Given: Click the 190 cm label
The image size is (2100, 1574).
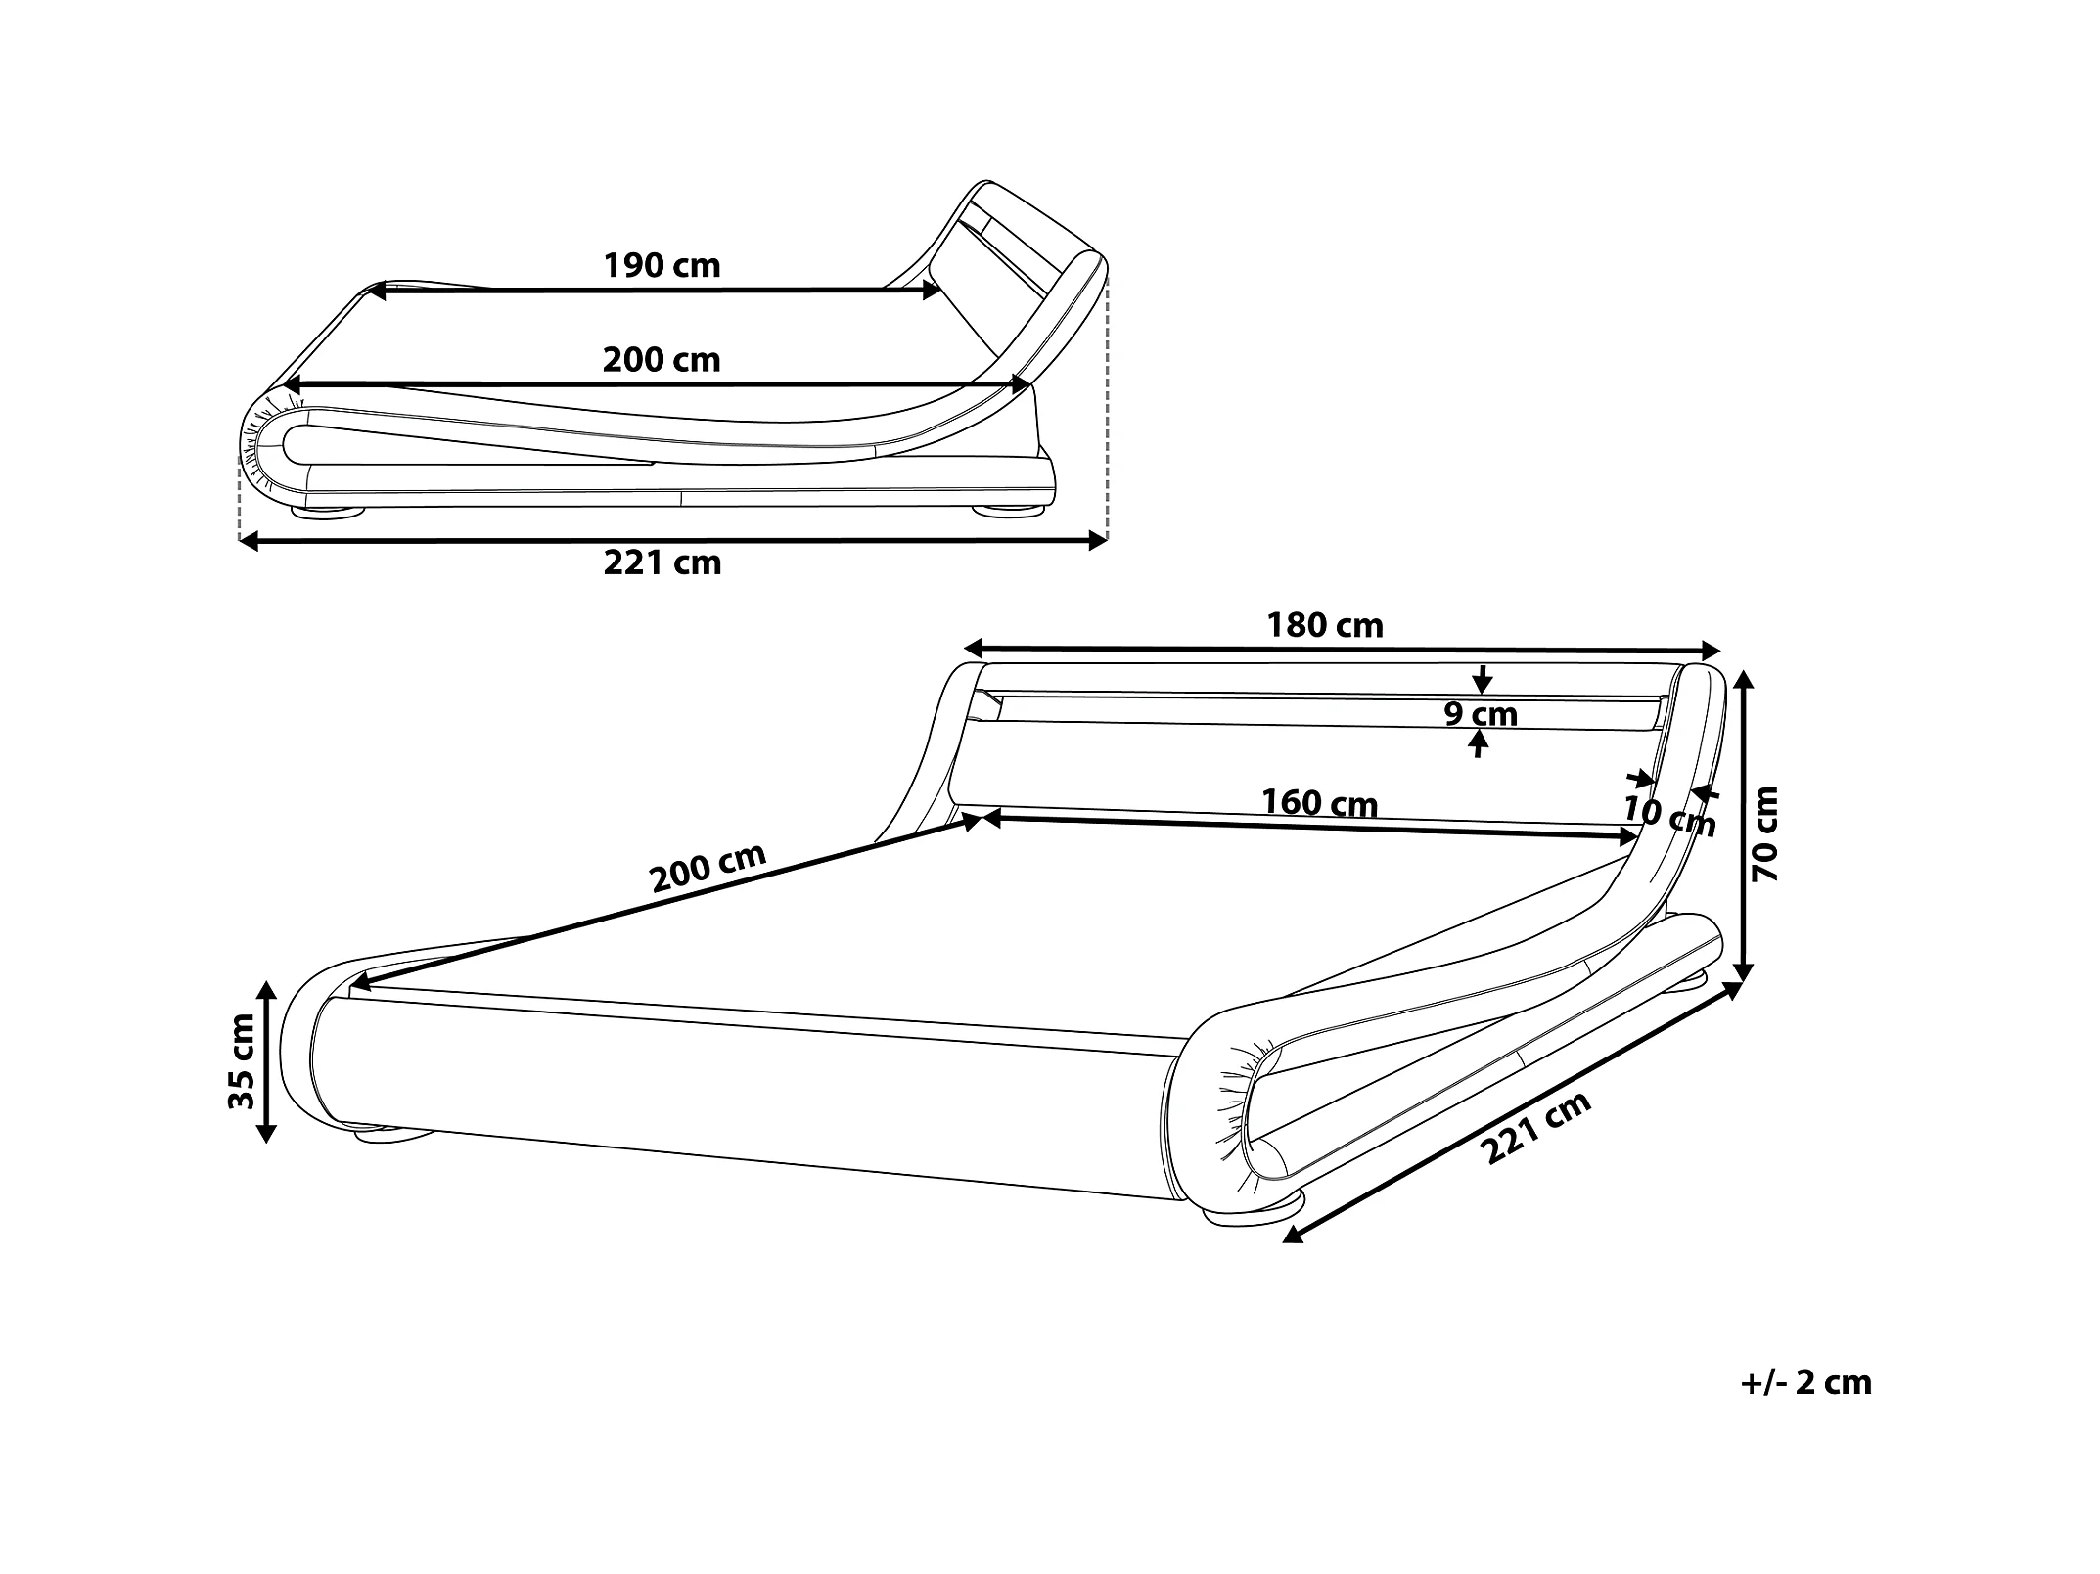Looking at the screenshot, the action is click(x=662, y=265).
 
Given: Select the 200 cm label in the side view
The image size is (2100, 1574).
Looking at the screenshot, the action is click(x=662, y=360).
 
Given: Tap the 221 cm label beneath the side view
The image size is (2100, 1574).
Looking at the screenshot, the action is click(x=662, y=562).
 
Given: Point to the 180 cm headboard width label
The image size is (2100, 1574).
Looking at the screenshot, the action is click(x=1325, y=625).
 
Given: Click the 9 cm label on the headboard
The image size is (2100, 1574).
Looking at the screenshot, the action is click(x=1481, y=714).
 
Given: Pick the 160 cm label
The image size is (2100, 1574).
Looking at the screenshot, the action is click(x=1319, y=803).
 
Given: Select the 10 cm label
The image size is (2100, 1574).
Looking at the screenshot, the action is click(x=1669, y=816).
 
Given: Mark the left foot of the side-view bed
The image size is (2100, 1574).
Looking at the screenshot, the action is click(x=327, y=511).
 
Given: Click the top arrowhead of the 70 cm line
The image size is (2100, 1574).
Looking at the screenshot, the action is click(x=1742, y=678).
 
